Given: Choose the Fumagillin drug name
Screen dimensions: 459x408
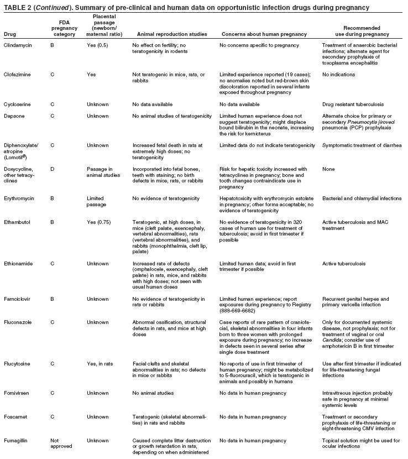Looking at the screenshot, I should [x=17, y=441].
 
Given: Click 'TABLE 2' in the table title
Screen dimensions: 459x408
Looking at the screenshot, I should [x=18, y=7].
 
